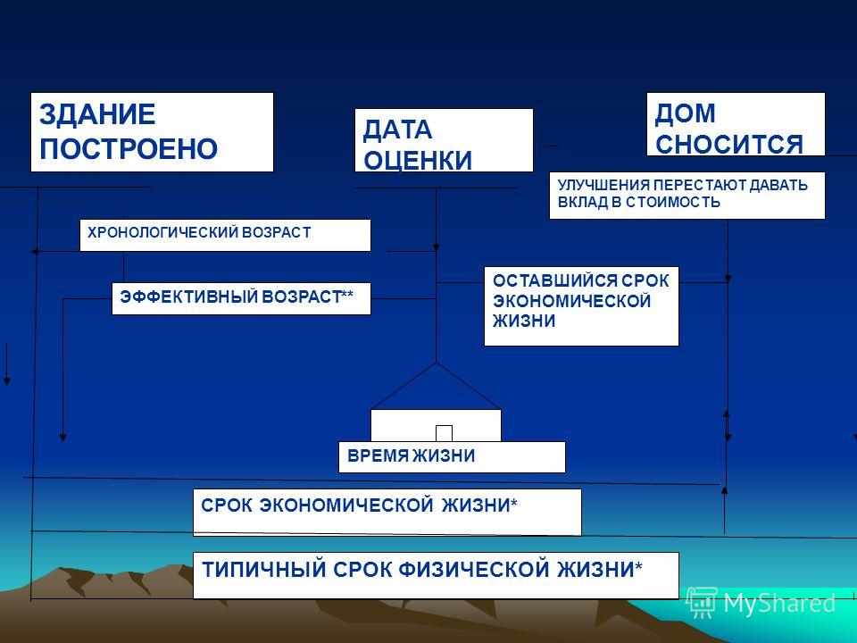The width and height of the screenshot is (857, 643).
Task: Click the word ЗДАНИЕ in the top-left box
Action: (x=97, y=115)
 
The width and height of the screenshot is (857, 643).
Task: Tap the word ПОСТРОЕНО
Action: (x=129, y=149)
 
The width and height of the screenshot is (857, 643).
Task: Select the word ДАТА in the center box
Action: (x=397, y=130)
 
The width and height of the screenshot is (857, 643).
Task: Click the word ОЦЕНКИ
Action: (x=418, y=160)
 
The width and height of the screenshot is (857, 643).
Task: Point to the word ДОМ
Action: (x=686, y=113)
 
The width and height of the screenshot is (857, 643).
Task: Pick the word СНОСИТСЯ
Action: (x=729, y=145)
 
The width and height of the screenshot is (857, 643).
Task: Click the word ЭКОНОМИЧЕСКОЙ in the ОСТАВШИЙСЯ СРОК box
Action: (x=571, y=301)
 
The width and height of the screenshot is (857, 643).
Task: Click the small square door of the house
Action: (x=444, y=433)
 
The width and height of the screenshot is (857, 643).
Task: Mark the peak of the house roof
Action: (x=436, y=363)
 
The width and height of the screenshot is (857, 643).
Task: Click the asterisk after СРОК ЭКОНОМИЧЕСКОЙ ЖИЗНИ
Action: (x=513, y=503)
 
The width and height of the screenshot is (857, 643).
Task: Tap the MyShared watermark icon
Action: (x=703, y=603)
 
